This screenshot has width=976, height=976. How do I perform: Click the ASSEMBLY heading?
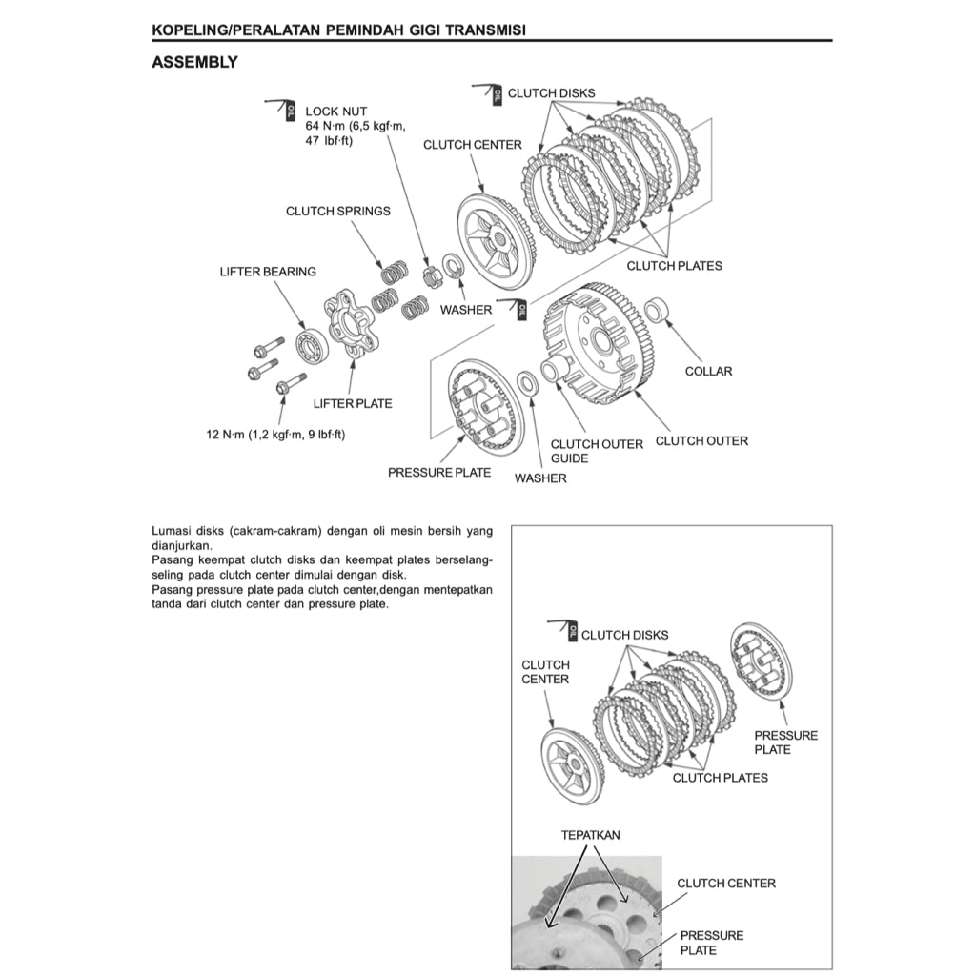click(194, 63)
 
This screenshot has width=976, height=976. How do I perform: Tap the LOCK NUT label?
click(335, 112)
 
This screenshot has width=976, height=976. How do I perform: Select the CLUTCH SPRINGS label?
click(337, 211)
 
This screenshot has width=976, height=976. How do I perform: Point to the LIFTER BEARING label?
click(268, 272)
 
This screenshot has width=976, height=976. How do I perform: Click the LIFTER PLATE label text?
click(352, 403)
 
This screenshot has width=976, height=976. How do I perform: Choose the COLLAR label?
click(708, 371)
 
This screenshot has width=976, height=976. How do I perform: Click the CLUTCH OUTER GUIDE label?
click(596, 451)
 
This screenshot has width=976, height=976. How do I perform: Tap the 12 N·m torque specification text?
click(275, 434)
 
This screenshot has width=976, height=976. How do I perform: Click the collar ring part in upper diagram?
click(658, 311)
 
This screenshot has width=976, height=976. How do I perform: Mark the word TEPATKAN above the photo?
click(590, 835)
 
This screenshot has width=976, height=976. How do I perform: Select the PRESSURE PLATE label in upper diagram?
click(439, 472)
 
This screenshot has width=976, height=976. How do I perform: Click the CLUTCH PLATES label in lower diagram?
click(720, 778)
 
